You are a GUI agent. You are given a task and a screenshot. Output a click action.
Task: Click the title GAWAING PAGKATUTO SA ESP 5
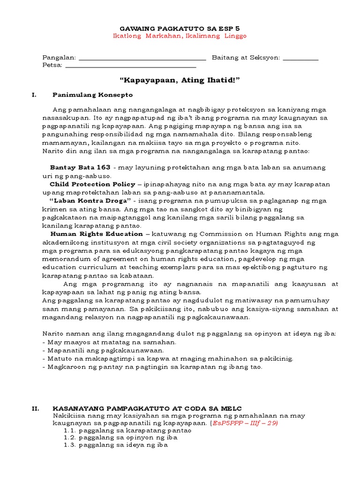180,28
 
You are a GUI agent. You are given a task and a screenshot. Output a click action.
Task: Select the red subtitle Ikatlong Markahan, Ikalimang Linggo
180,36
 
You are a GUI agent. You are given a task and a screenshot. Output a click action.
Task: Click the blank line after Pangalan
142,58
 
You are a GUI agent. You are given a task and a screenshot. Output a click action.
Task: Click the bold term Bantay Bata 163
80,167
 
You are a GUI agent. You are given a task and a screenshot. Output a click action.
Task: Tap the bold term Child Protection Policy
92,184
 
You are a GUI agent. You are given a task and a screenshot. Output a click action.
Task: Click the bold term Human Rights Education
97,234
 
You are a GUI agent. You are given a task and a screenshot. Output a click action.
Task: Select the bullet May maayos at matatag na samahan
103,342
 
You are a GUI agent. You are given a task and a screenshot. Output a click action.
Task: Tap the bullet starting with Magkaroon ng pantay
155,367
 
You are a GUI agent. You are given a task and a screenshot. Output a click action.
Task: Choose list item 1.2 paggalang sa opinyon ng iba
120,438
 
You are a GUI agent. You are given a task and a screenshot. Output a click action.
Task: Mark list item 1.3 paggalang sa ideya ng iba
116,445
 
